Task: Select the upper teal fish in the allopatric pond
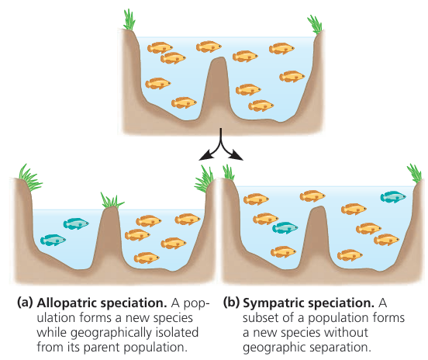point(76,223)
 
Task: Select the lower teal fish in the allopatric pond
point(53,240)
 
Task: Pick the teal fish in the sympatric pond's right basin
point(393,197)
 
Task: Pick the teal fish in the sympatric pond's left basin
point(285,227)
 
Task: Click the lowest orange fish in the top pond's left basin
point(184,102)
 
